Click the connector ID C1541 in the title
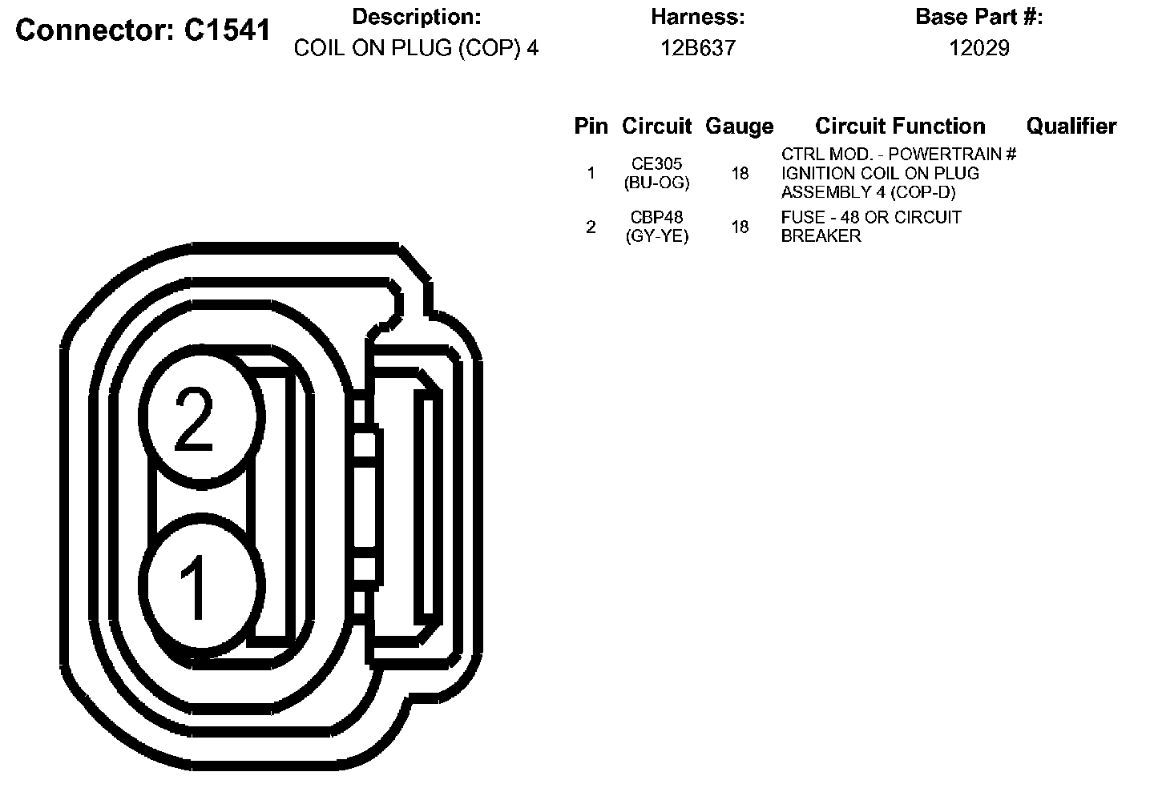(228, 30)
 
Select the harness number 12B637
(698, 48)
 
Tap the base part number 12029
(978, 48)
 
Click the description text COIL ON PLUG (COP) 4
(416, 48)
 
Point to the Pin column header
(591, 126)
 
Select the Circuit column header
(656, 126)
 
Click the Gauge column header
(739, 127)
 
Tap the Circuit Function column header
(900, 126)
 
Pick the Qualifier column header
(1071, 126)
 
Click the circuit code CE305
(657, 163)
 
